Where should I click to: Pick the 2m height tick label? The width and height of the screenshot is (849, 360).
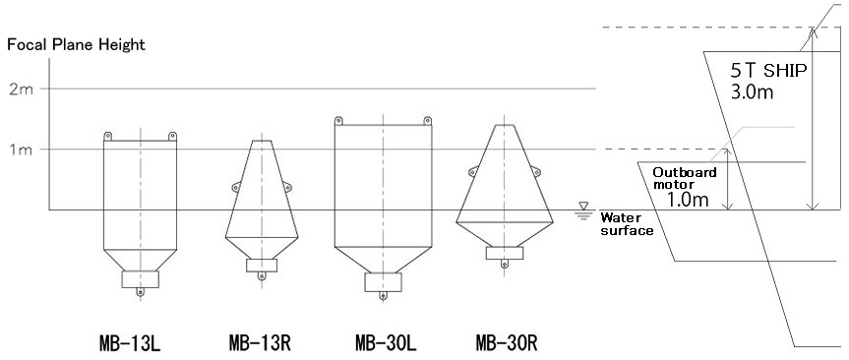click(20, 89)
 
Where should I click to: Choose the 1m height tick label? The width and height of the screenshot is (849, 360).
click(20, 150)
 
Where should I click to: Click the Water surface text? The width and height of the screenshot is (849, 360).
click(627, 223)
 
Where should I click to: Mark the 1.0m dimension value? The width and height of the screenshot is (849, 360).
click(686, 199)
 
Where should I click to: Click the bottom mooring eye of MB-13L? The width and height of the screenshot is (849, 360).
click(140, 291)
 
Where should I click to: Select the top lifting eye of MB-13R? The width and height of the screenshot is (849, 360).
click(260, 136)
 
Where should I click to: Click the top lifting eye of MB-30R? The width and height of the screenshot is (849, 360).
click(505, 121)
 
